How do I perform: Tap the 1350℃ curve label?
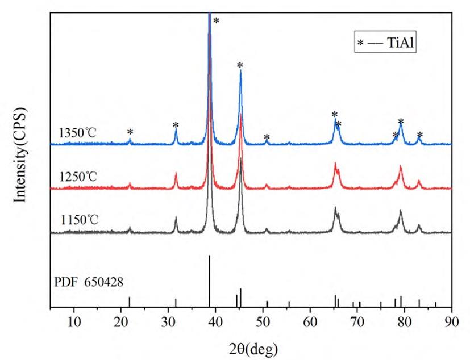click(x=78, y=133)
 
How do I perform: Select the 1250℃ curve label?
click(x=78, y=177)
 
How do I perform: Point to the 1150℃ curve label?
click(x=78, y=218)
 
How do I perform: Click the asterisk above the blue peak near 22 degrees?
click(x=130, y=132)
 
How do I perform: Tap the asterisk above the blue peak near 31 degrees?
click(x=176, y=125)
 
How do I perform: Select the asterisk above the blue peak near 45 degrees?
click(x=240, y=65)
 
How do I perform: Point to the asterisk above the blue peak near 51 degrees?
click(x=267, y=137)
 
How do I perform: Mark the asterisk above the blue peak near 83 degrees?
click(x=420, y=135)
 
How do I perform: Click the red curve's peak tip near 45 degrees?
click(x=241, y=115)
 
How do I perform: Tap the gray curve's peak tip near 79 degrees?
click(x=401, y=211)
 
